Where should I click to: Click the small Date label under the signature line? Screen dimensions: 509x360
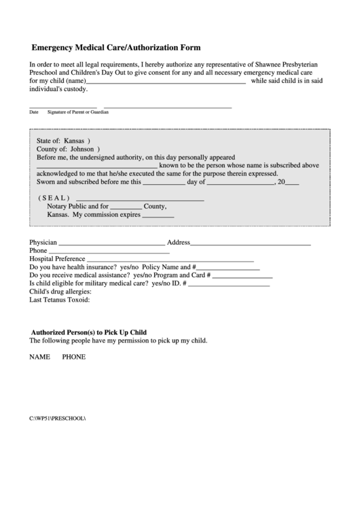click(34, 112)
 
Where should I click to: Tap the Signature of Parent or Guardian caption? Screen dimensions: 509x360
click(78, 112)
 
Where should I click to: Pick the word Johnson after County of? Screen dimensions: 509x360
click(82, 148)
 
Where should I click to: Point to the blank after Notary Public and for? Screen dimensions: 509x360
click(126, 207)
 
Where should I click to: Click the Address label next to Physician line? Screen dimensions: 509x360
click(178, 243)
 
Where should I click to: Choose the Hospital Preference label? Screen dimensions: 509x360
click(57, 259)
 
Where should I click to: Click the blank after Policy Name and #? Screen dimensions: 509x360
click(228, 268)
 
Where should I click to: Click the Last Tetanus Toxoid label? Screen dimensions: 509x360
click(60, 300)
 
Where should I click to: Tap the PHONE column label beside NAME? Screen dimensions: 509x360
click(74, 357)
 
